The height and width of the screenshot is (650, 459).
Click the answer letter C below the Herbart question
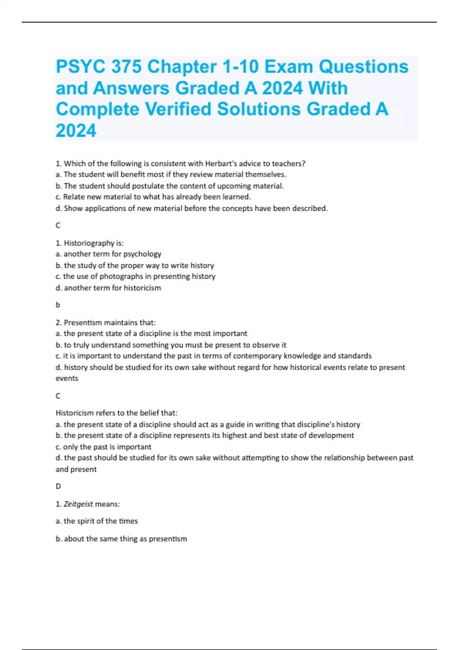coord(58,226)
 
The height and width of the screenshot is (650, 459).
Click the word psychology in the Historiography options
coord(142,254)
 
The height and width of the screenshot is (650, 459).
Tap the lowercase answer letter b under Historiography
coord(58,305)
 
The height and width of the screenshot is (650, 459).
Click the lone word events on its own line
coord(67,379)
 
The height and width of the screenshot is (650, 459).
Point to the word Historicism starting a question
coord(74,413)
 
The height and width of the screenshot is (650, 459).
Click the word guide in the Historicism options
coord(235,424)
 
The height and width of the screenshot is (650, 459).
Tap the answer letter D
coord(58,486)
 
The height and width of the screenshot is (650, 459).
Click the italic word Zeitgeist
coord(78,504)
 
